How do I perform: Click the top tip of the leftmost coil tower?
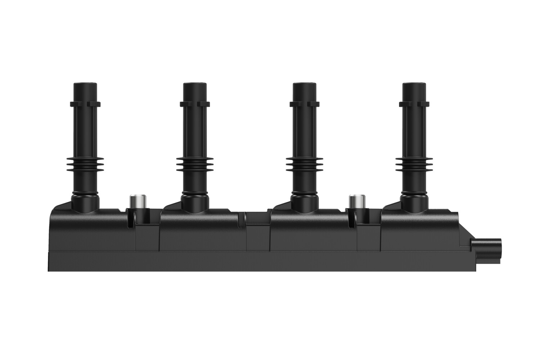point(85,85)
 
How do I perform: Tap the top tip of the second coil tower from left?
point(195,85)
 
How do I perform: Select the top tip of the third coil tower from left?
point(305,85)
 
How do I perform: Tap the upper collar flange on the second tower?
point(195,104)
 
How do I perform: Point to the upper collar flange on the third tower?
point(305,104)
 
